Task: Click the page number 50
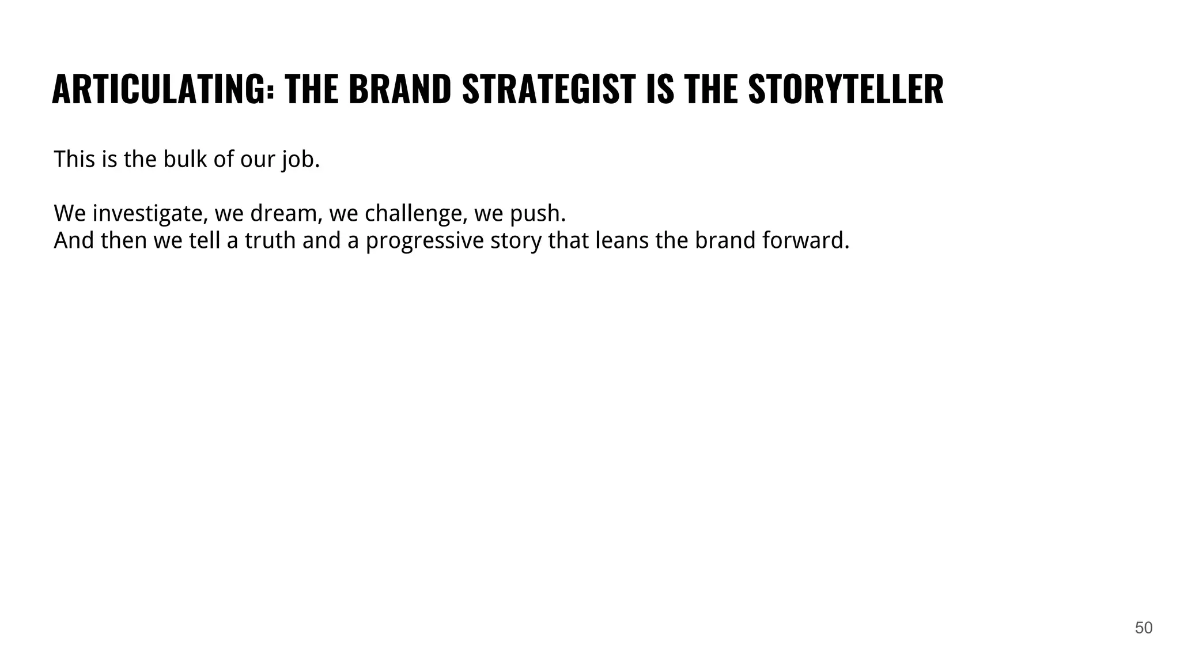(x=1143, y=628)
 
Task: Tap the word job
(x=300, y=160)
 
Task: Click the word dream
(x=286, y=214)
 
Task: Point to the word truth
(x=270, y=240)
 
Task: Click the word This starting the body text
(x=74, y=159)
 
